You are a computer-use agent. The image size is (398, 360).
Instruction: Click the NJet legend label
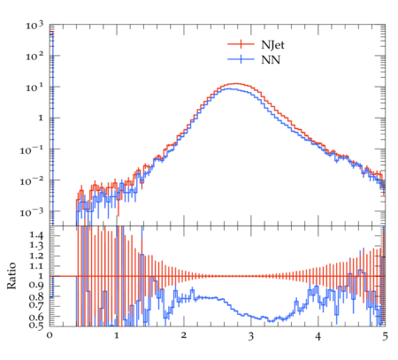pyautogui.click(x=272, y=45)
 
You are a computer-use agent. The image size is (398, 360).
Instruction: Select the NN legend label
pyautogui.click(x=271, y=60)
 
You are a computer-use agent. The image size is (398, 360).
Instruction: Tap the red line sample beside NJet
pyautogui.click(x=241, y=44)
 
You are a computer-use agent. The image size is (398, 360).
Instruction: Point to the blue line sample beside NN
pyautogui.click(x=241, y=59)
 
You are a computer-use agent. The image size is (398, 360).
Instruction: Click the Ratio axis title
pyautogui.click(x=11, y=275)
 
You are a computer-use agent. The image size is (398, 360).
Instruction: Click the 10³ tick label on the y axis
pyautogui.click(x=34, y=26)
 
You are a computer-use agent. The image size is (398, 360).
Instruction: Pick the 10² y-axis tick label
pyautogui.click(x=34, y=56)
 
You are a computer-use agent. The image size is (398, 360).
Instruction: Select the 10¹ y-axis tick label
pyautogui.click(x=34, y=87)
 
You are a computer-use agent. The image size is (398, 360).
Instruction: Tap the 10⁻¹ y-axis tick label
pyautogui.click(x=32, y=150)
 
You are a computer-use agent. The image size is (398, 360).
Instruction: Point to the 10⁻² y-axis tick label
pyautogui.click(x=32, y=181)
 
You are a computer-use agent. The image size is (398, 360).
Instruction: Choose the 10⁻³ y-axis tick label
pyautogui.click(x=32, y=212)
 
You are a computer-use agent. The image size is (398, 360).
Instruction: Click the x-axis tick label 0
pyautogui.click(x=50, y=336)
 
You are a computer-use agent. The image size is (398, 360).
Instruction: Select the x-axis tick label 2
pyautogui.click(x=184, y=336)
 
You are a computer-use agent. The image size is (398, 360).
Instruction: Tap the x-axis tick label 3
pyautogui.click(x=251, y=336)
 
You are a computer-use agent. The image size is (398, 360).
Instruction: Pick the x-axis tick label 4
pyautogui.click(x=318, y=336)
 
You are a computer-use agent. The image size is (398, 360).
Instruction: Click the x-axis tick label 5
pyautogui.click(x=385, y=336)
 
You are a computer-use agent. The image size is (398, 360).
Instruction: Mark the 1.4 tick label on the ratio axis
pyautogui.click(x=36, y=235)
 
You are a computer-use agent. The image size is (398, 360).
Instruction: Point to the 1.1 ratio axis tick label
pyautogui.click(x=36, y=266)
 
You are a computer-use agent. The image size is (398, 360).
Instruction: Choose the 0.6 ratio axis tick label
pyautogui.click(x=36, y=317)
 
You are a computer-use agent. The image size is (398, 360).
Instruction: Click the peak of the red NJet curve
pyautogui.click(x=236, y=83)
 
